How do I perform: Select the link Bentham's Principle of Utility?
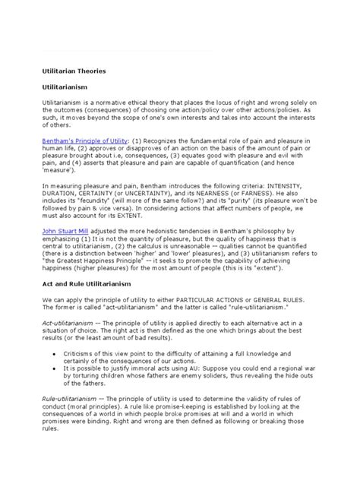(87, 141)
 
